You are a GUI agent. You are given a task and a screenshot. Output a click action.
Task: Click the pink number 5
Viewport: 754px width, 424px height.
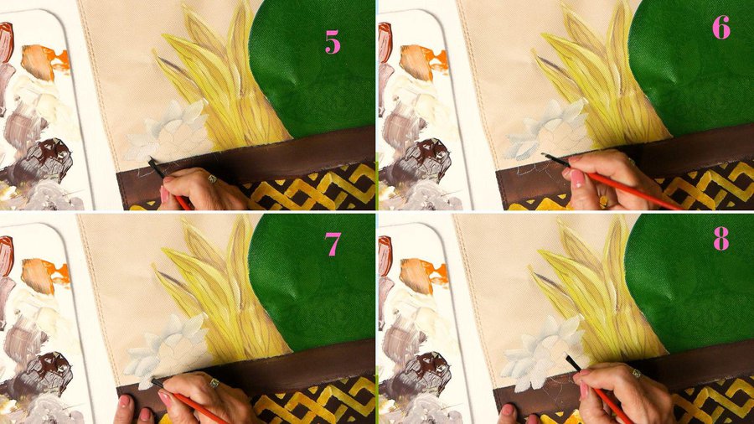pos(333,42)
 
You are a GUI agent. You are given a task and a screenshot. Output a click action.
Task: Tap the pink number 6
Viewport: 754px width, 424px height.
pos(721,28)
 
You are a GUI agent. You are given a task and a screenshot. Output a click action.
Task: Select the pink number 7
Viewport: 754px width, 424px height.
pos(333,244)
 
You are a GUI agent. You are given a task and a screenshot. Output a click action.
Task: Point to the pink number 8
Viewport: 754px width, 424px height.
pos(720,239)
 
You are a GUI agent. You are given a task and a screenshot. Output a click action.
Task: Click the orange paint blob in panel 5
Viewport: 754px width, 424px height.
pos(44,61)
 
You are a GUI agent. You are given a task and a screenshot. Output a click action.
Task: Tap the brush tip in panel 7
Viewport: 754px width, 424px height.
pos(158,383)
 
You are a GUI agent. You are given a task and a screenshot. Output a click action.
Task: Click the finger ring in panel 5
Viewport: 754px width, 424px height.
pos(212,179)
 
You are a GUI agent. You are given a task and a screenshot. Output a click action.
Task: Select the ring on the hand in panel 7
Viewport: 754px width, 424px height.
pos(214,383)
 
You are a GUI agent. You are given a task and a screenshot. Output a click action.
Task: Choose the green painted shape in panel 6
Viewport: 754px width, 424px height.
pos(693,67)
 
